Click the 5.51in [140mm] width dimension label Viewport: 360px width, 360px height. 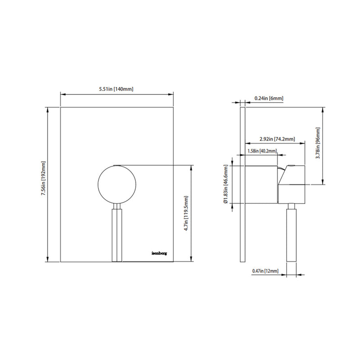tap(116, 89)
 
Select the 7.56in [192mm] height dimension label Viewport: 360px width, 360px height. tap(43, 184)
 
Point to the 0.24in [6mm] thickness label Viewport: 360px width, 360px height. tap(269, 98)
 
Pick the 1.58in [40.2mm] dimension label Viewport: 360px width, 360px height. tap(262, 151)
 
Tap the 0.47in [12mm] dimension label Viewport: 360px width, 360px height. tap(265, 271)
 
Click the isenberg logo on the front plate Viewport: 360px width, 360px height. tap(159, 252)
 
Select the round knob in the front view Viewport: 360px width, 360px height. tap(117, 184)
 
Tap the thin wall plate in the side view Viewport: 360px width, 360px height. tap(243, 185)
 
